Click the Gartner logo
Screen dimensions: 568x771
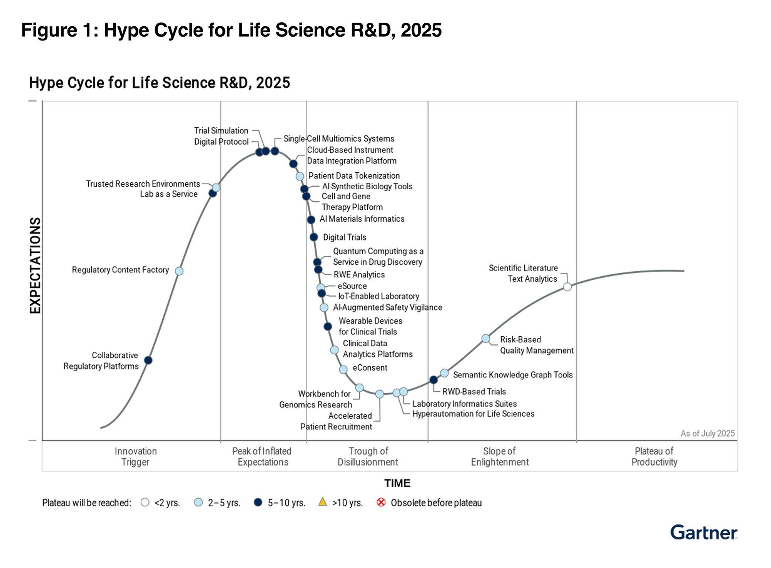(x=704, y=533)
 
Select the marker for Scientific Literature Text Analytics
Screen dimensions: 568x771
(x=567, y=287)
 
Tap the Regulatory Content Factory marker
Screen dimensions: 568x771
(x=179, y=271)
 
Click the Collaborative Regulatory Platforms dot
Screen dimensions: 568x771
(x=148, y=360)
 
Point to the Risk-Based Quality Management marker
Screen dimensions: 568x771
(x=486, y=339)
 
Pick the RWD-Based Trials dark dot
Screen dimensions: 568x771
(x=433, y=380)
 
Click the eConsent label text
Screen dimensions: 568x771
(x=370, y=368)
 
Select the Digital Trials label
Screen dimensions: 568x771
(x=344, y=238)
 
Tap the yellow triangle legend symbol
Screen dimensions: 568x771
(x=323, y=502)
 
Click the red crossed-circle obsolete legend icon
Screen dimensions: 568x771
(x=381, y=502)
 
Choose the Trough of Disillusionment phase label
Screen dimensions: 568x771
(x=368, y=457)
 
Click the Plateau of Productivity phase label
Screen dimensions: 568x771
(x=654, y=457)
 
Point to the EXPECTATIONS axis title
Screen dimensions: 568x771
(x=35, y=266)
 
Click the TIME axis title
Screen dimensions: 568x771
(x=397, y=483)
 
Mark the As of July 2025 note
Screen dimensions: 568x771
(x=707, y=433)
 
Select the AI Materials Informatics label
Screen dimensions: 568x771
(x=362, y=219)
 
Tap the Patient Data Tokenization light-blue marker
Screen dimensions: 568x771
(x=300, y=176)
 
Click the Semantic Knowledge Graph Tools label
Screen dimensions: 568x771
(x=512, y=375)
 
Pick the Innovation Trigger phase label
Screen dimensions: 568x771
(x=135, y=457)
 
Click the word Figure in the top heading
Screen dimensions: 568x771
(x=49, y=30)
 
